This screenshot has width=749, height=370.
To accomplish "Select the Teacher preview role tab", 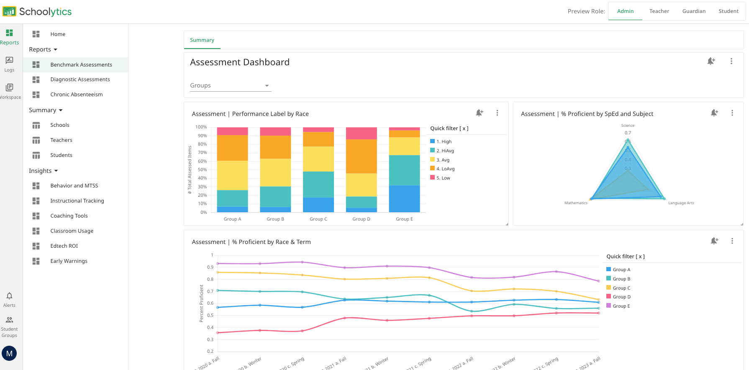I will click(x=659, y=11).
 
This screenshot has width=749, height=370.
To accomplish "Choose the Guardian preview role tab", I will click(x=694, y=11).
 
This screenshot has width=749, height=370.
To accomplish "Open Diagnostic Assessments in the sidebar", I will click(x=80, y=80).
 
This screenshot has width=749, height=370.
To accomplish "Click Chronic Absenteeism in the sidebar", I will click(x=76, y=95).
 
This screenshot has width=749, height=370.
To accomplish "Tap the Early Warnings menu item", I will click(x=69, y=261).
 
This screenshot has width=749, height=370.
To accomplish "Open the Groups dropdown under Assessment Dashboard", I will click(x=230, y=85).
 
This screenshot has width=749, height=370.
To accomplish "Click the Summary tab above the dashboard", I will click(x=202, y=40).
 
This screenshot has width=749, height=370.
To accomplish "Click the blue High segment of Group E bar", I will click(x=404, y=198).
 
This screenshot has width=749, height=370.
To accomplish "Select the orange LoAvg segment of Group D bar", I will click(x=361, y=156).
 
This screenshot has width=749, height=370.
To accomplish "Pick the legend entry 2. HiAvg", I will click(x=445, y=151).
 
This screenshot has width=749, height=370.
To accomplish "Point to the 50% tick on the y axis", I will click(x=202, y=170).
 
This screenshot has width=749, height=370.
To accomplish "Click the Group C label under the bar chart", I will click(x=318, y=219).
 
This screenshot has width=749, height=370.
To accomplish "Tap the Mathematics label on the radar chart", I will click(x=575, y=203).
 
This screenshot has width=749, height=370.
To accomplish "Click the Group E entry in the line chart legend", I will click(x=621, y=306).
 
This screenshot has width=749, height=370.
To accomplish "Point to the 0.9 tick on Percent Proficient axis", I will click(x=210, y=267).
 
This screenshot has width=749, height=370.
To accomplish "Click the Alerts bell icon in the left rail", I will click(x=9, y=296).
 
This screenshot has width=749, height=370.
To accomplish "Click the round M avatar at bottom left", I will click(x=9, y=353).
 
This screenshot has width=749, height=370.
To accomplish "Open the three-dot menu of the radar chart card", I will click(x=732, y=113).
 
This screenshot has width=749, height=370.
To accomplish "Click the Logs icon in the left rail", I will click(x=9, y=61).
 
